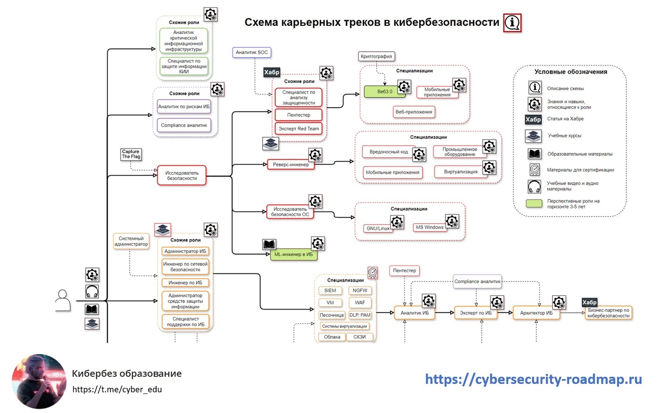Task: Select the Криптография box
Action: (377, 57)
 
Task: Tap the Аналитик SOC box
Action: (251, 53)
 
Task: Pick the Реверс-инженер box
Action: (291, 164)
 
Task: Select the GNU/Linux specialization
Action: (379, 228)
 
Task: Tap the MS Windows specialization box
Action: (430, 227)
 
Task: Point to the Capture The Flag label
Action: (130, 154)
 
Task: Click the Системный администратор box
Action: (131, 241)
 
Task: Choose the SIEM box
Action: (330, 290)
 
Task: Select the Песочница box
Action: (331, 315)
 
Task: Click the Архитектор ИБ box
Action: (537, 312)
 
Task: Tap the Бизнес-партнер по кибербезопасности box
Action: (608, 312)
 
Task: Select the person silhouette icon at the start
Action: (63, 301)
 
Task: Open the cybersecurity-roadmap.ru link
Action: (533, 379)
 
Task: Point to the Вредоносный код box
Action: (388, 152)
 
